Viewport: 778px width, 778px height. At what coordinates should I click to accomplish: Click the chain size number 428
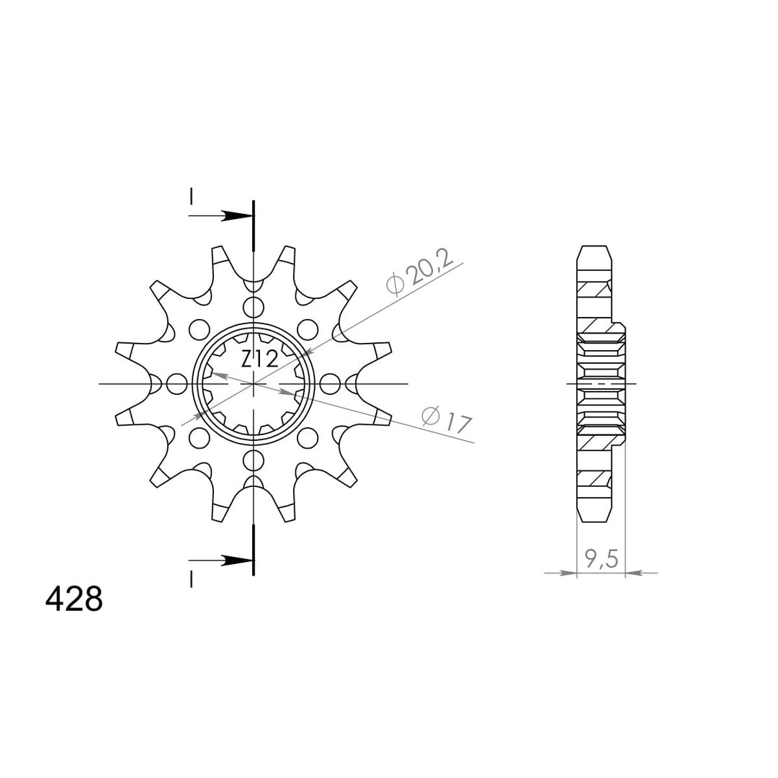point(74,599)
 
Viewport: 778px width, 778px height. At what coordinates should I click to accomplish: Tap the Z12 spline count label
point(259,359)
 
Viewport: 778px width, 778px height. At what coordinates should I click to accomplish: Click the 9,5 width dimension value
point(602,559)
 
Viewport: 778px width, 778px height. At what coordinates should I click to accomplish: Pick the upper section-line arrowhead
point(236,216)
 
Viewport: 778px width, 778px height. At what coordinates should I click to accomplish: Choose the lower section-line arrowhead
point(236,560)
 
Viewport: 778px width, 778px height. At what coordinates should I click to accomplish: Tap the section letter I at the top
point(191,196)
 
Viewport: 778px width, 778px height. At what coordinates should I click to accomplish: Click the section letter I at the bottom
point(191,578)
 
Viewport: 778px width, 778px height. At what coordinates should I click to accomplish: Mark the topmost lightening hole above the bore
point(254,307)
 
